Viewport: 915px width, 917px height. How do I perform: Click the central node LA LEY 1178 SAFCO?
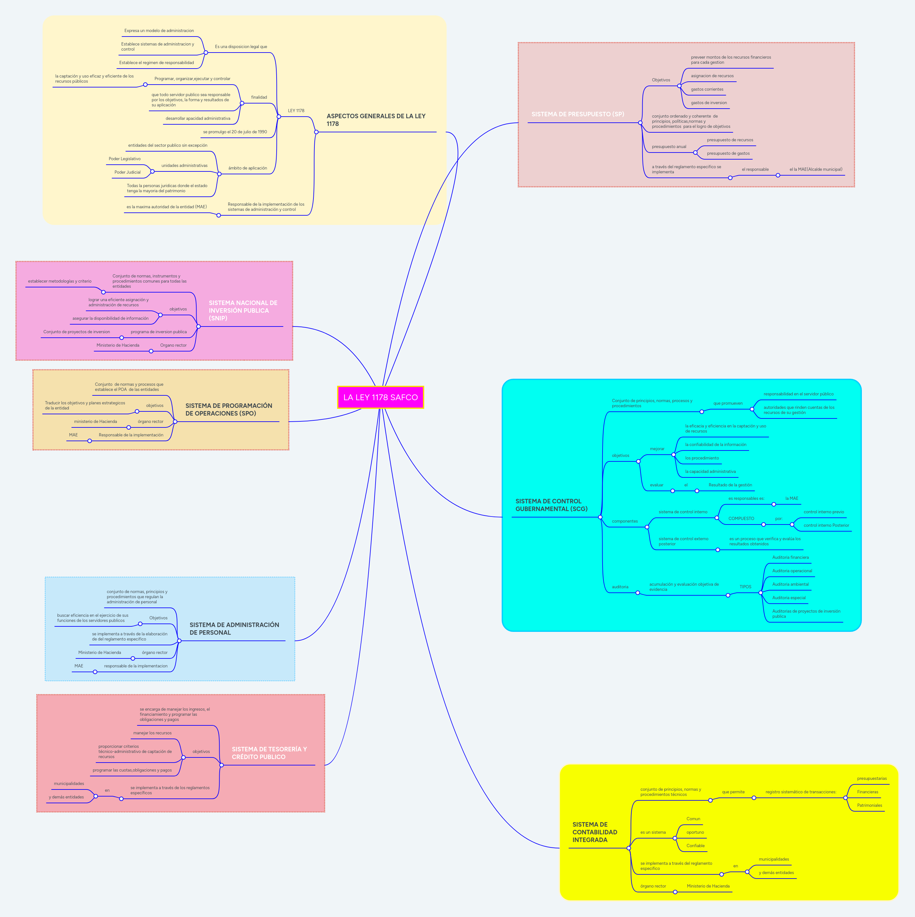(380, 397)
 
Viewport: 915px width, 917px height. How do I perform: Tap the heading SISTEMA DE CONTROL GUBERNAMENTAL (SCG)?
(551, 505)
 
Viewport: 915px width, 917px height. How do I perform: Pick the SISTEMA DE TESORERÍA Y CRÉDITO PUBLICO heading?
(269, 753)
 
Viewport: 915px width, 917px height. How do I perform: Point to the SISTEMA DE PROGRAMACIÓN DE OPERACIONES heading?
(229, 409)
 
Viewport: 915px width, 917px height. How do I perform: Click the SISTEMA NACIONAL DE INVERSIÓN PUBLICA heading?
(243, 310)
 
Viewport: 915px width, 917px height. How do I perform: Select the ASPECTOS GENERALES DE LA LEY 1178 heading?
(376, 120)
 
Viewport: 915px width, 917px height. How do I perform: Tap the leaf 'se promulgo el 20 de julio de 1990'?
(235, 132)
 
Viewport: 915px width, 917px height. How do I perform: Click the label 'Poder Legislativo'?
(124, 159)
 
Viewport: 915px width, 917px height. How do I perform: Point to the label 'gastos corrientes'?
(707, 89)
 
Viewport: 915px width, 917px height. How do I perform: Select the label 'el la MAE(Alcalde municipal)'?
(815, 169)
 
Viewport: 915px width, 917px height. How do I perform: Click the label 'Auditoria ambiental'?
(790, 584)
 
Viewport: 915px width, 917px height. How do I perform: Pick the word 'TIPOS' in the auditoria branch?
(745, 587)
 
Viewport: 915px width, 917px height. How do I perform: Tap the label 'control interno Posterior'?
(826, 525)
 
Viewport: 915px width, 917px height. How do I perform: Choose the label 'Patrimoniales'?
(869, 805)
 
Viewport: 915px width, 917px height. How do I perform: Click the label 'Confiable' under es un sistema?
(695, 846)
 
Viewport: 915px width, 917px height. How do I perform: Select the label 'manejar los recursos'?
(152, 733)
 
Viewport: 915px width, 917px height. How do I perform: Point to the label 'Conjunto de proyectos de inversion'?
(77, 332)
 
